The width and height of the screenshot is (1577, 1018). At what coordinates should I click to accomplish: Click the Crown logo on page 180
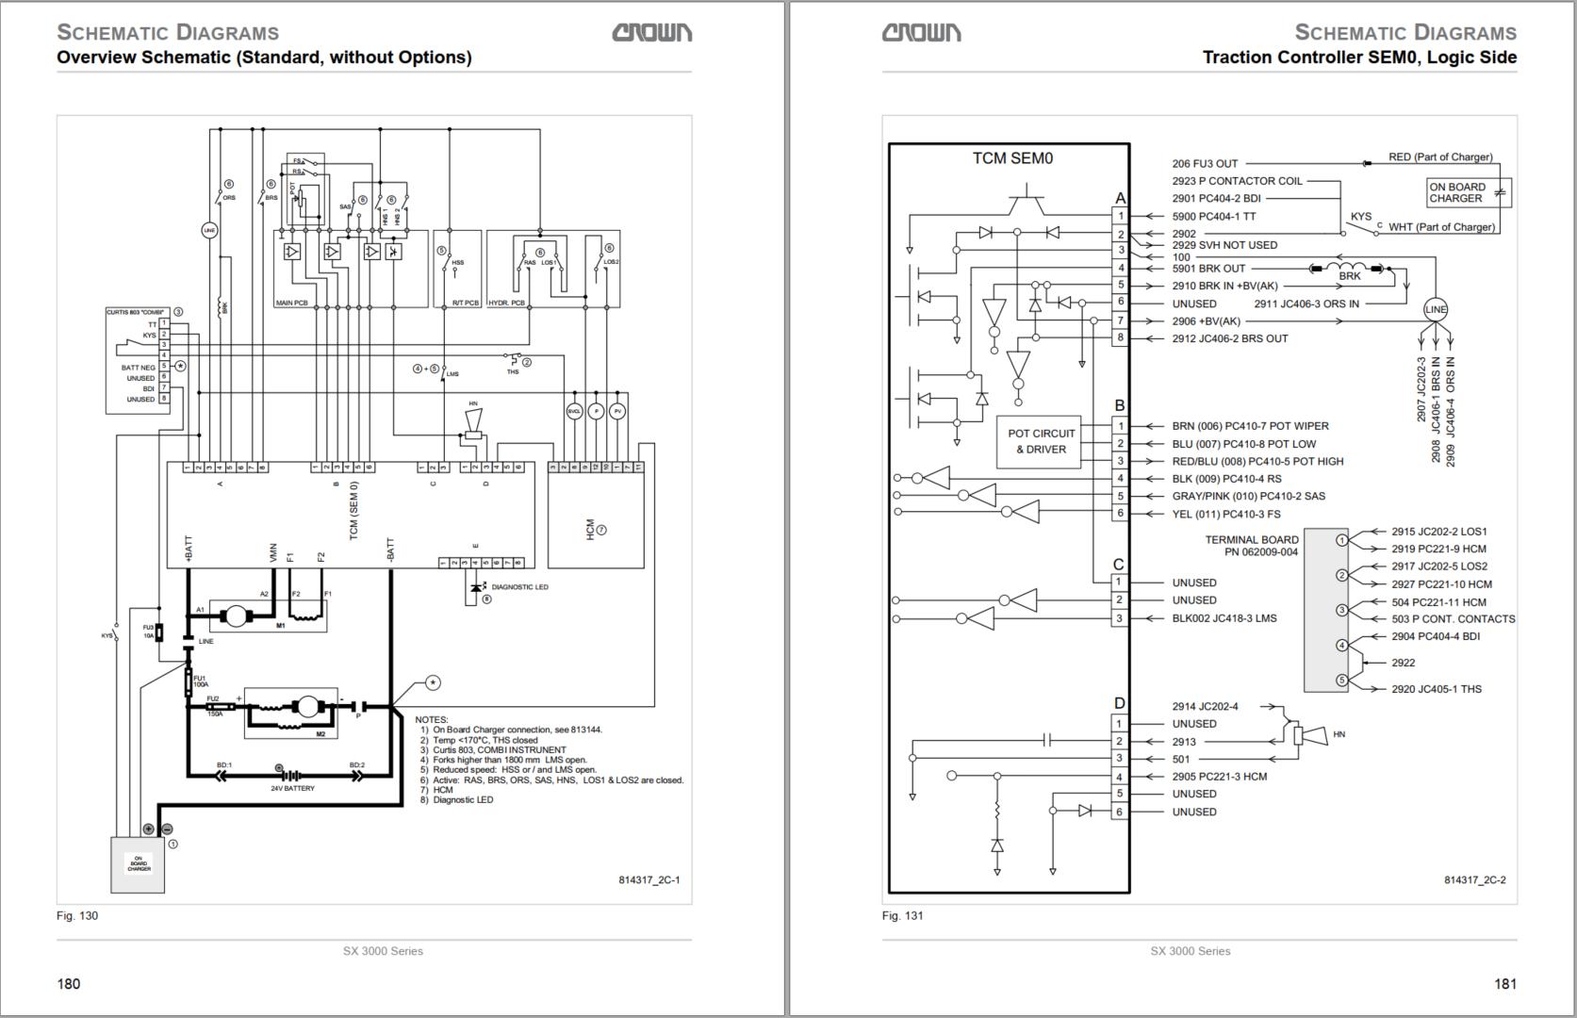[x=651, y=33]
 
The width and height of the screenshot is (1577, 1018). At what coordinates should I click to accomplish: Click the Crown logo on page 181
[x=921, y=33]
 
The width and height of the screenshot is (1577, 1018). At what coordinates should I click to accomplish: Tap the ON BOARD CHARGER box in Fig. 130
[x=139, y=864]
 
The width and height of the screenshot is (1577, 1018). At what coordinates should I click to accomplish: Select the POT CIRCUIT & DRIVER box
[x=1041, y=441]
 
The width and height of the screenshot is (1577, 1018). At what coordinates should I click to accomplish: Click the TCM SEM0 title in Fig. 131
[x=1012, y=158]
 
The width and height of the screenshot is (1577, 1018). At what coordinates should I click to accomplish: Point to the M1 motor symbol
[x=232, y=616]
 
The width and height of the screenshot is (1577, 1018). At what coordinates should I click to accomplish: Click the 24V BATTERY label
[x=292, y=789]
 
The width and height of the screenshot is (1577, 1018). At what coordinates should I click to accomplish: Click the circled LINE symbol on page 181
[x=1435, y=309]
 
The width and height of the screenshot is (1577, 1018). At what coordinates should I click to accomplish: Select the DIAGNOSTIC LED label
[x=519, y=587]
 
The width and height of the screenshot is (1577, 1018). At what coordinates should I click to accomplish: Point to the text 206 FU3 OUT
[x=1205, y=164]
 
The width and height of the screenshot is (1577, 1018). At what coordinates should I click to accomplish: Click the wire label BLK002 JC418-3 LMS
[x=1224, y=618]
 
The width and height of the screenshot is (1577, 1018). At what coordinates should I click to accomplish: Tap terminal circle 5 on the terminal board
[x=1341, y=680]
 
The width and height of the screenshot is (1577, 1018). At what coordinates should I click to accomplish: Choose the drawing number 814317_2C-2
[x=1474, y=880]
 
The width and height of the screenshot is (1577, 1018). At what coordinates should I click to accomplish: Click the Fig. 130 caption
[x=77, y=916]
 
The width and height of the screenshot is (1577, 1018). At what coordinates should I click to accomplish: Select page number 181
[x=1504, y=984]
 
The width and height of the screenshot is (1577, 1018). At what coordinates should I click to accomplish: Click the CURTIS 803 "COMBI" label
[x=135, y=312]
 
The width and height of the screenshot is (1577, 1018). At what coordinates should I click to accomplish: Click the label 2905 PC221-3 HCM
[x=1219, y=777]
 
